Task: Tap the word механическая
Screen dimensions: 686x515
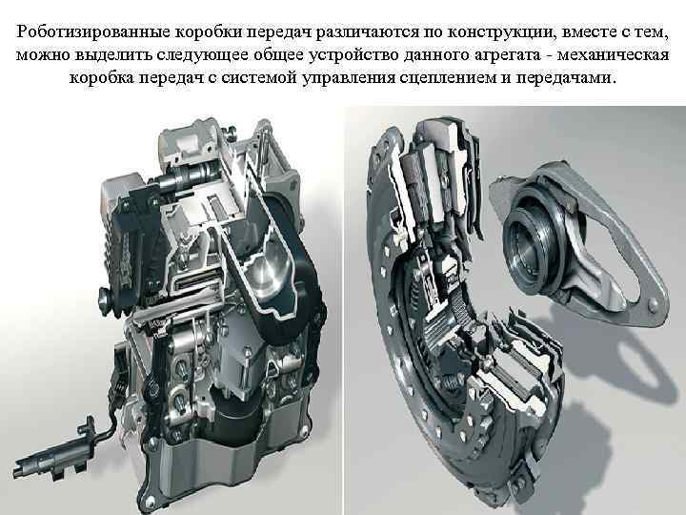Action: tap(614, 55)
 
